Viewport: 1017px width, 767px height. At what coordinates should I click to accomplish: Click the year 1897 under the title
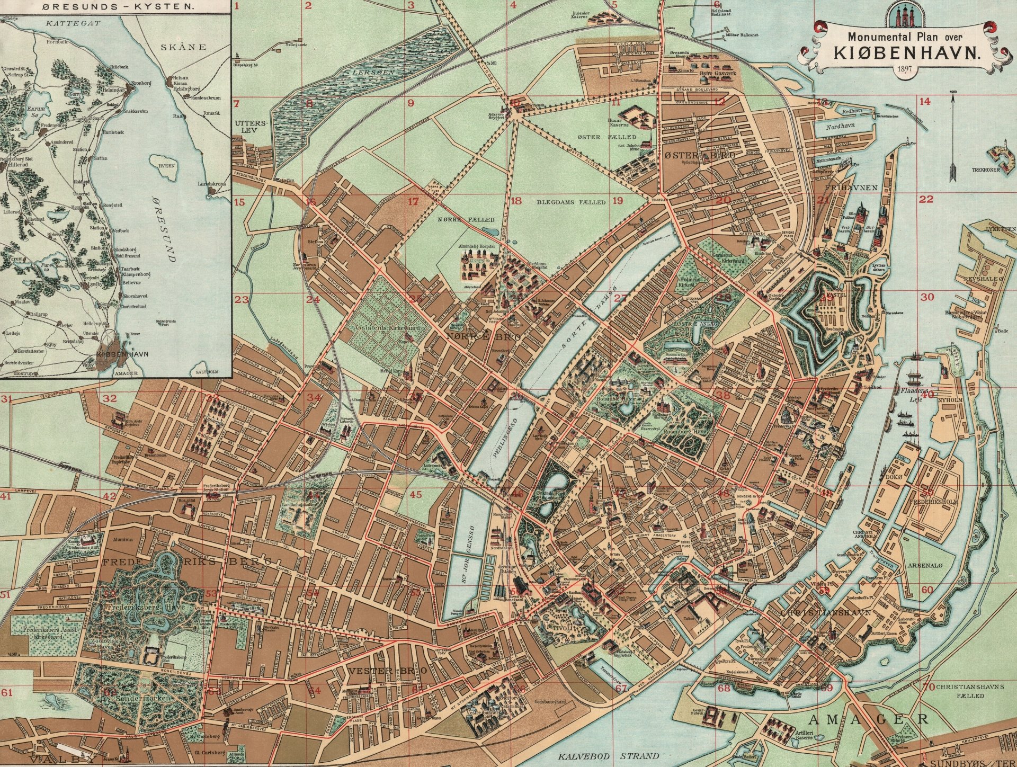click(897, 70)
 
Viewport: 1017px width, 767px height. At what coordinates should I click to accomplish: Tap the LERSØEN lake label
click(372, 70)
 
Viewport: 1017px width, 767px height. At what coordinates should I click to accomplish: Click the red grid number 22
click(926, 200)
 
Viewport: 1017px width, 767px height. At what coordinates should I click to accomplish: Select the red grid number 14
click(925, 102)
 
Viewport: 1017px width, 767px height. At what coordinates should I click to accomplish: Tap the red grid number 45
click(416, 494)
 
